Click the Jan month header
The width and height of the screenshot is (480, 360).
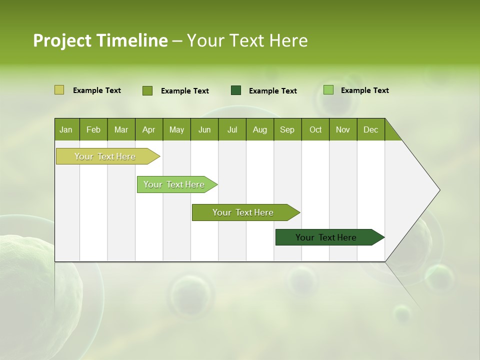66,129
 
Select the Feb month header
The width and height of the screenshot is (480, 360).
93,129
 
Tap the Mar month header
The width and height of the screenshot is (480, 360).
121,129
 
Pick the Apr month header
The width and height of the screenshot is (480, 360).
149,129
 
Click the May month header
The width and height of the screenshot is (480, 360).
176,129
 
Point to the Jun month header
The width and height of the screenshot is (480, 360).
204,129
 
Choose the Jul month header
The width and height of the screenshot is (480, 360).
232,129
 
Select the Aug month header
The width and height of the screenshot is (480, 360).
260,129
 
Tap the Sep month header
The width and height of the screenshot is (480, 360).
287,129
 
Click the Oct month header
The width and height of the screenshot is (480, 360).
315,129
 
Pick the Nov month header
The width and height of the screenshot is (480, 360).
343,129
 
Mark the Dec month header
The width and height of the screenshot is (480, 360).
371,129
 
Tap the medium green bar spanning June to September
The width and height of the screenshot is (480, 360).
243,212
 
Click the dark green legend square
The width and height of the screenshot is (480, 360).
236,90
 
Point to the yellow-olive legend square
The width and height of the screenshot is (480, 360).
59,90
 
